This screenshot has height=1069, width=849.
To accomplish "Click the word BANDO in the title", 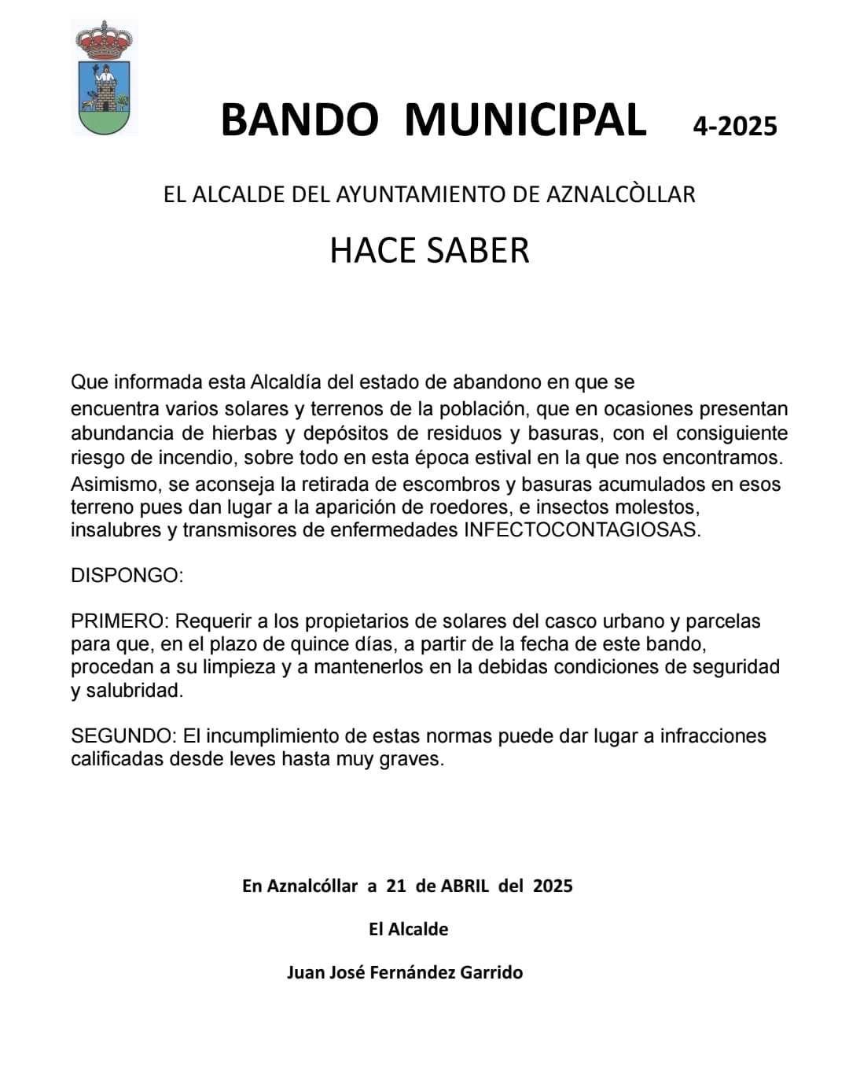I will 300,120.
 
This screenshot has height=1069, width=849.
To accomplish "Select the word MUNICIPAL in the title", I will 525,120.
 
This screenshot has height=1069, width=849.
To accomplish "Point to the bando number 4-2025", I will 734,126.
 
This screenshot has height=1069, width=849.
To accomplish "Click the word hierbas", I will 244,433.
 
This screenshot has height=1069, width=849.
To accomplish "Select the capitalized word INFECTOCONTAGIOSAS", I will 582,529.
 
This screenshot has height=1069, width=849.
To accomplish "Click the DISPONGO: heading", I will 127,575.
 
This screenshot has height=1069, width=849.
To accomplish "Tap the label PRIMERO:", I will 119,621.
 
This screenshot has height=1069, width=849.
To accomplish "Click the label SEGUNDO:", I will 123,736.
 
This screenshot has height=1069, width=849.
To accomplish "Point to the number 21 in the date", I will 396,886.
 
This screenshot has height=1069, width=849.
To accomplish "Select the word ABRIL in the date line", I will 465,886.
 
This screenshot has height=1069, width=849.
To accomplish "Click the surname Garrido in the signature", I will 491,972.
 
